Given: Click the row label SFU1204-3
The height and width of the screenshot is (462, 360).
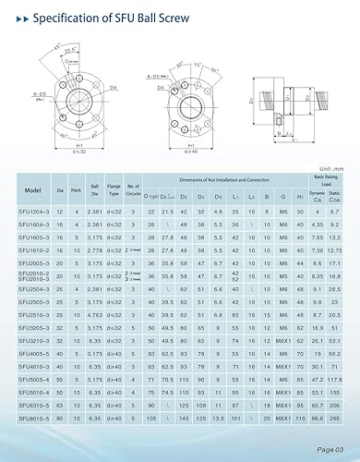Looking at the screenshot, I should [33, 212].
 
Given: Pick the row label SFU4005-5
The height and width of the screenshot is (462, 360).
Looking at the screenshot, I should [33, 353].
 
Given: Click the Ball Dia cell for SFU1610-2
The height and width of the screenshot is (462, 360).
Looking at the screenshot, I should [96, 250].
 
